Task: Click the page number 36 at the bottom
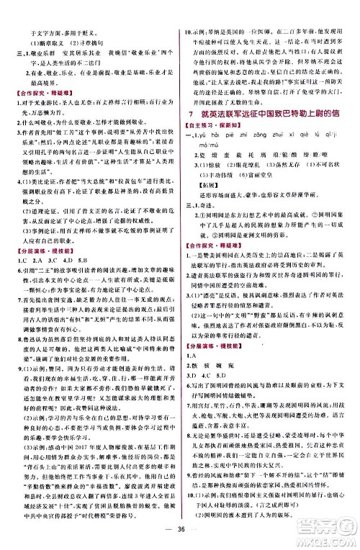[179, 533]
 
